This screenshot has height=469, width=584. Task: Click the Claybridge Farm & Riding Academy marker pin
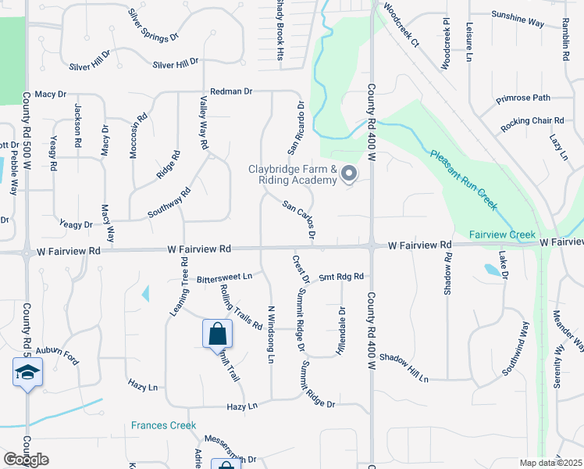(x=349, y=174)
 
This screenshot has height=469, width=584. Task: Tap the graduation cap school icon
(x=27, y=372)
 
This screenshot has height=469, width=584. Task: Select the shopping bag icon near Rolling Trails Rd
(x=218, y=334)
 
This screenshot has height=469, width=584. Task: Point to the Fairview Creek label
(x=502, y=234)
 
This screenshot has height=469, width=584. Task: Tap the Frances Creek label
(x=162, y=425)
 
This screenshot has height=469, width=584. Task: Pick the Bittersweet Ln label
(x=225, y=277)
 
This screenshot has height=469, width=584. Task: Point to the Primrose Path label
(x=534, y=98)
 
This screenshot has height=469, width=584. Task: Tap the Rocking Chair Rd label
(x=532, y=121)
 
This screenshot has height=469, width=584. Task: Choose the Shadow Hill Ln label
(x=404, y=367)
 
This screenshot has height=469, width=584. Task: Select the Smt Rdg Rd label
(x=341, y=276)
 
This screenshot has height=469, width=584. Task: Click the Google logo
(x=26, y=460)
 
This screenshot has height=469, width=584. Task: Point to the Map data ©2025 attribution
(x=550, y=463)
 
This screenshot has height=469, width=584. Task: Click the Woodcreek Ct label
(x=401, y=29)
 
